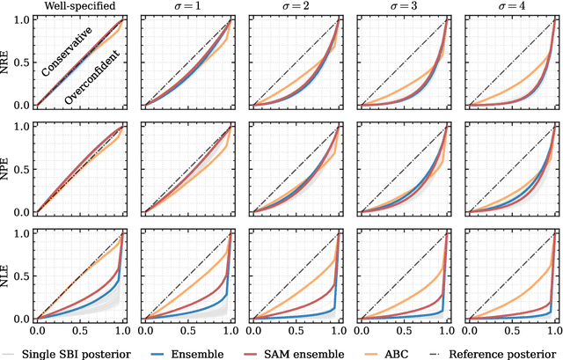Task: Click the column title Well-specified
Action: click(79, 8)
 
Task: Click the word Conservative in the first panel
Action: click(67, 58)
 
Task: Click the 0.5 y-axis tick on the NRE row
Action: click(24, 63)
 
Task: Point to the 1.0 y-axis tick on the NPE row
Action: click(24, 127)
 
